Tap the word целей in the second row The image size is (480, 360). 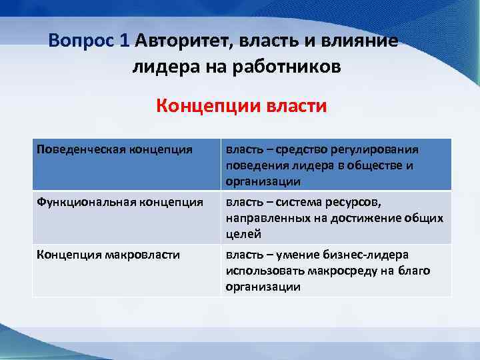coord(243,234)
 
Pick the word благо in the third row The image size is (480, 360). coord(415,271)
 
